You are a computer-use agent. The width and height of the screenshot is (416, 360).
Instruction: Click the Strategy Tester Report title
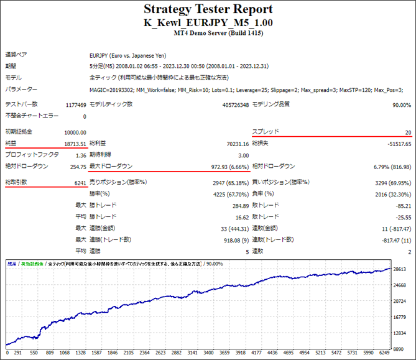tap(208, 9)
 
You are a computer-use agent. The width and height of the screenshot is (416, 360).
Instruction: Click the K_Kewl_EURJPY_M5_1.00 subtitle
tap(208, 22)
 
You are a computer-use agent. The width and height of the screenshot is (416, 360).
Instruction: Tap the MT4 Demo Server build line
tap(208, 33)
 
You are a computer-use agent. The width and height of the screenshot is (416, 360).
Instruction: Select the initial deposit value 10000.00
tap(75, 132)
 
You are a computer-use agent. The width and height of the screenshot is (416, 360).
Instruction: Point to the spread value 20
tap(408, 132)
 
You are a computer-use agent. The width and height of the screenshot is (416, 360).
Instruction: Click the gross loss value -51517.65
tap(396, 144)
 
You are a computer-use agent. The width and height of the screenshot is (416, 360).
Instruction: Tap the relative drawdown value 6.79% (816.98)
tap(388, 167)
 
